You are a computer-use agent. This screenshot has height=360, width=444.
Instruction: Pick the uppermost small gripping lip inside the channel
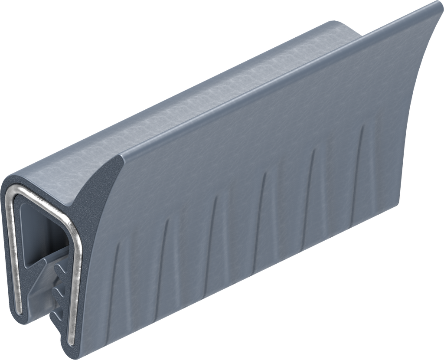60,270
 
